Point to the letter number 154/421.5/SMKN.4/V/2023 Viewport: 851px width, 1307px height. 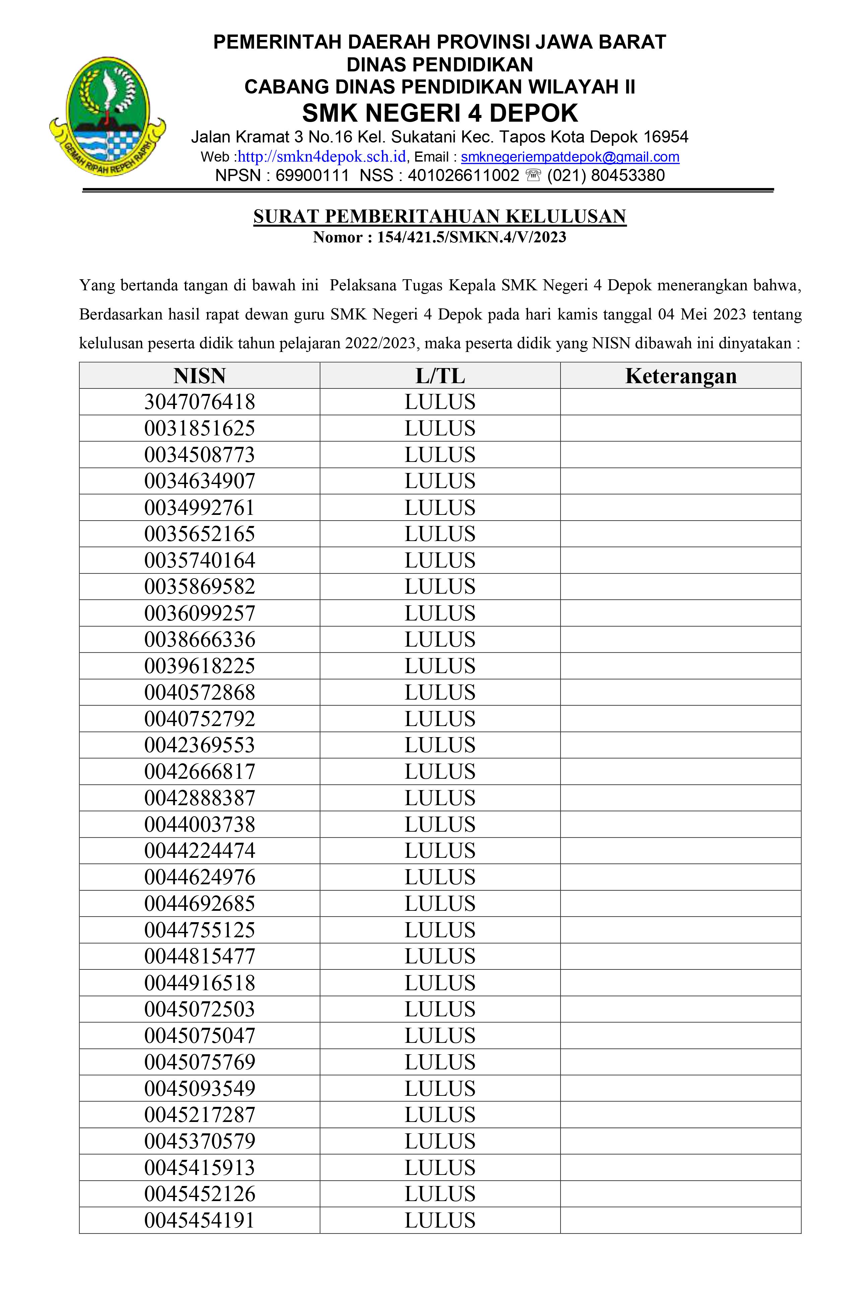[x=471, y=237]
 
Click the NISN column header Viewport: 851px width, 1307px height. [x=199, y=376]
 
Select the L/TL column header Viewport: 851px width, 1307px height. [x=440, y=376]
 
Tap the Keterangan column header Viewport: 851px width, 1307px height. [x=680, y=376]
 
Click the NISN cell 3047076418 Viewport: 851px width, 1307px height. [x=199, y=402]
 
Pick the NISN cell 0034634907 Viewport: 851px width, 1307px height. [x=199, y=481]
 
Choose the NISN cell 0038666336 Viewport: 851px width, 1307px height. [x=199, y=639]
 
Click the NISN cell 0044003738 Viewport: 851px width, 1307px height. [x=199, y=824]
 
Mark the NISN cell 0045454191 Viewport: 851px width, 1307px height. [x=199, y=1220]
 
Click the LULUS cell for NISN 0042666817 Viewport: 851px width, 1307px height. [x=440, y=772]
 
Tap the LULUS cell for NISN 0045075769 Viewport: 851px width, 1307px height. [x=440, y=1062]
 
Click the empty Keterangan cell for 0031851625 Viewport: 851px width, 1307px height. [x=680, y=428]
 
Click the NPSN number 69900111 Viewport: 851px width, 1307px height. [x=312, y=175]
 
